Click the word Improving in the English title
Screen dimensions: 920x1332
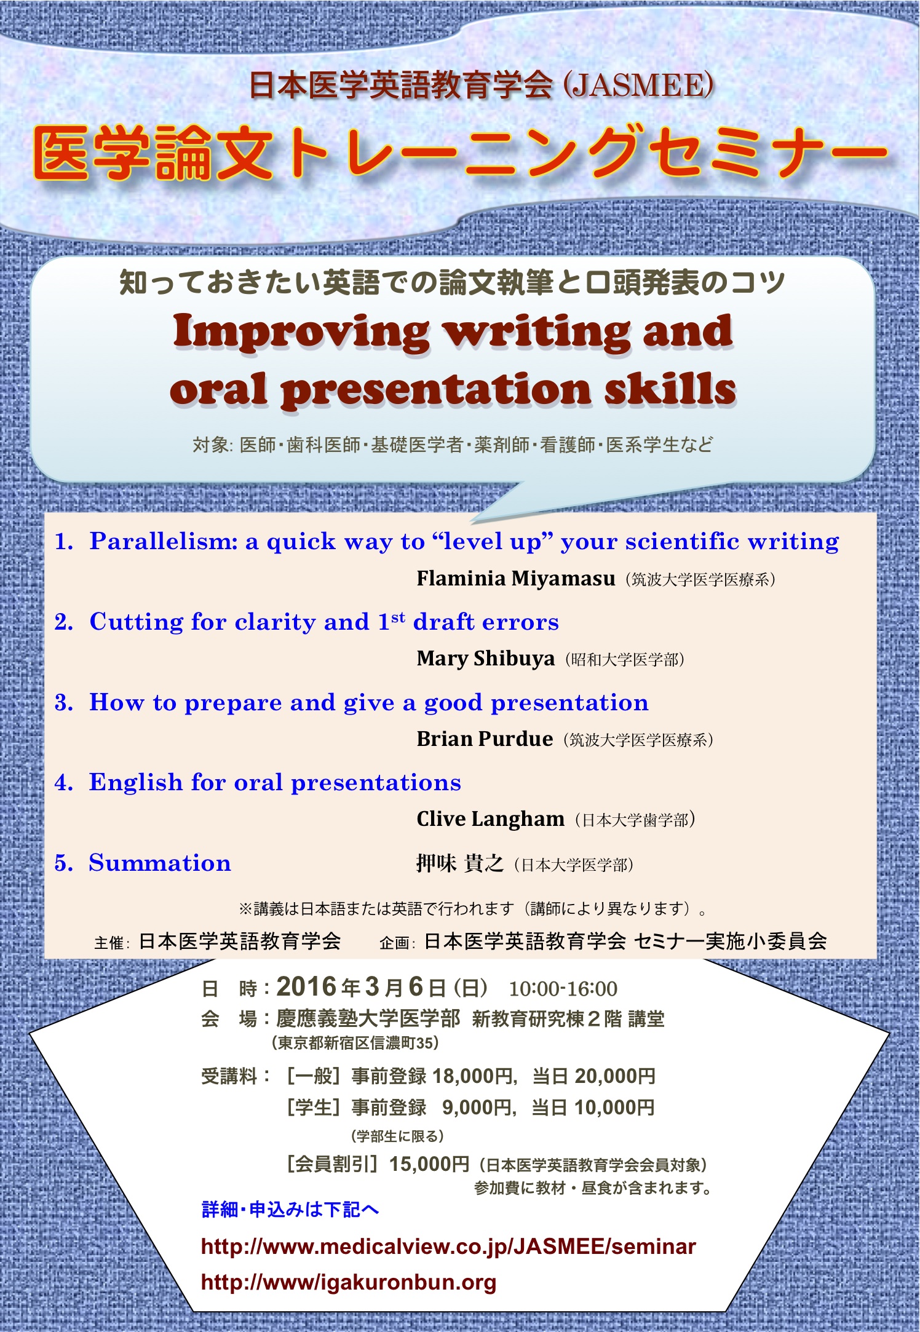tap(301, 332)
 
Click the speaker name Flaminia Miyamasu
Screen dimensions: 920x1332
tap(515, 579)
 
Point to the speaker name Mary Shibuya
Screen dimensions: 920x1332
tap(485, 659)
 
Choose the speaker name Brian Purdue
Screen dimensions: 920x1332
tap(484, 739)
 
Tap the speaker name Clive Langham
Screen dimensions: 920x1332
tap(490, 819)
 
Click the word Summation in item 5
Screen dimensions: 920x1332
tap(160, 863)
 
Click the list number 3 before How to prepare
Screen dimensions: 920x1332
tap(63, 702)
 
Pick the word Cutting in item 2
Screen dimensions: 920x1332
tap(137, 622)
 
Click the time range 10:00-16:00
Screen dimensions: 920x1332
tap(563, 988)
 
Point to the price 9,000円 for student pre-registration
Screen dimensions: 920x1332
tap(477, 1108)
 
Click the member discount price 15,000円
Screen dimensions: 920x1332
tap(429, 1164)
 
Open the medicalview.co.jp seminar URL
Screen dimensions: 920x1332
tap(448, 1247)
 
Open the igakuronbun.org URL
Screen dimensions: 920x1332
tap(349, 1282)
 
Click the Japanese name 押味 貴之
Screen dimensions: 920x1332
tap(460, 863)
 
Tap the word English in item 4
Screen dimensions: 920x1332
tap(136, 783)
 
